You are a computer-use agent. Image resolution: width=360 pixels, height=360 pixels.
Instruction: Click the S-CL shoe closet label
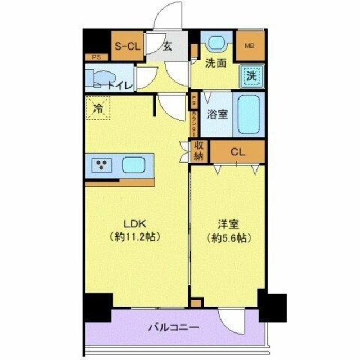pyautogui.click(x=127, y=47)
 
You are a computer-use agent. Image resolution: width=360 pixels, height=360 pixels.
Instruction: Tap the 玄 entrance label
pyautogui.click(x=167, y=47)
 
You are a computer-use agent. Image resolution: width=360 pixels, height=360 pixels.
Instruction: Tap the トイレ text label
pyautogui.click(x=121, y=85)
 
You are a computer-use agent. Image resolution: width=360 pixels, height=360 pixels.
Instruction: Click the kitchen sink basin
pyautogui.click(x=135, y=165)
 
